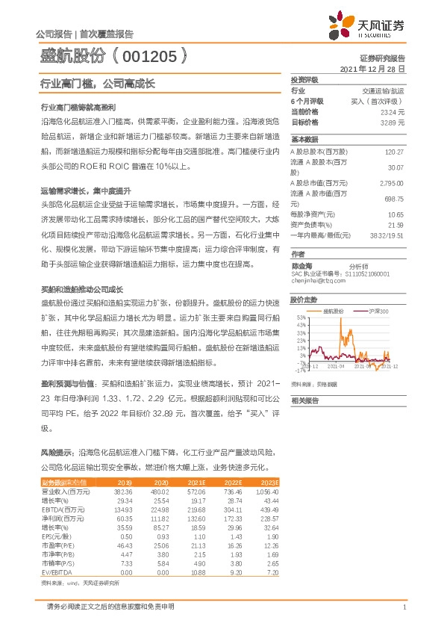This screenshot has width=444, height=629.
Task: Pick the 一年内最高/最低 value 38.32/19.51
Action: point(387,235)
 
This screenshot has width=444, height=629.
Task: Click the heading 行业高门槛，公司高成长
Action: point(97,84)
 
